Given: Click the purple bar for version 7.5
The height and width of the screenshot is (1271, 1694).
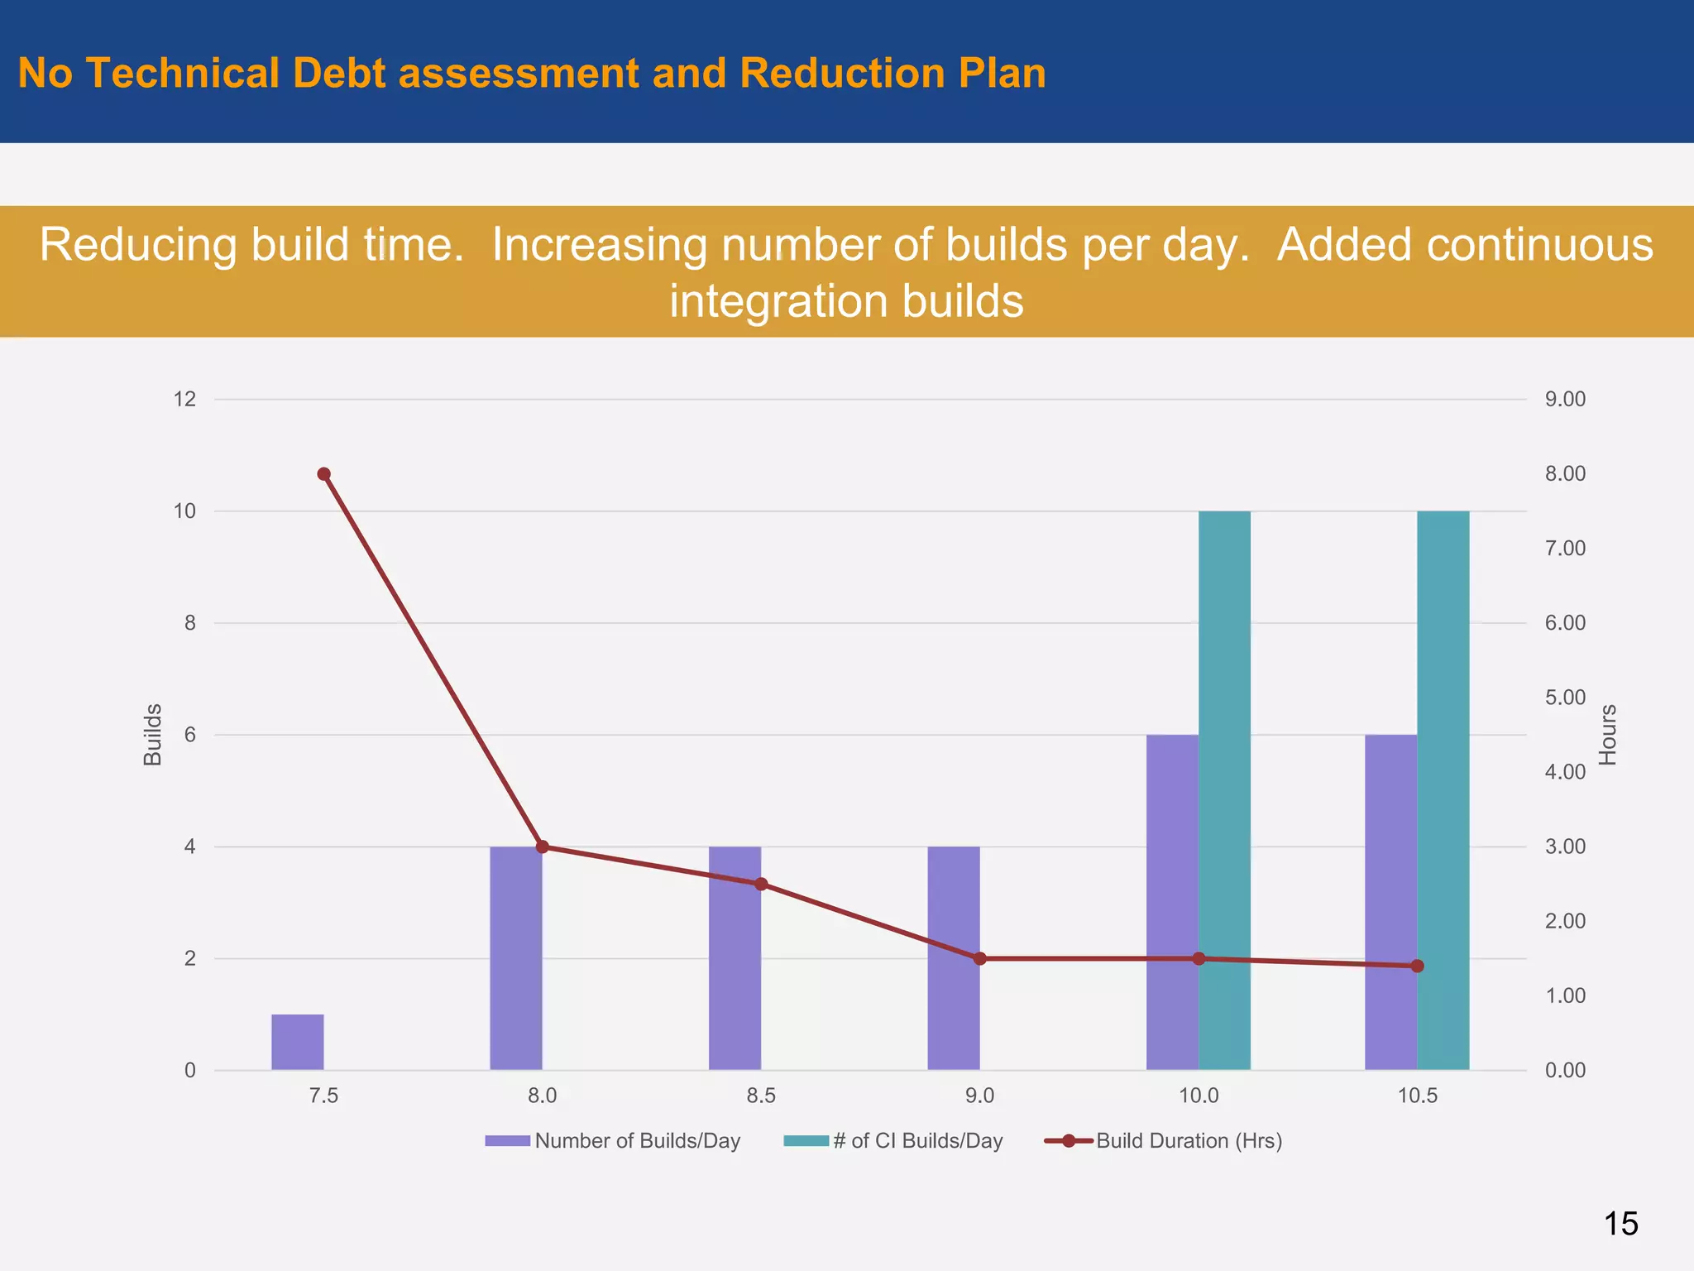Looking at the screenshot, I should coord(298,1042).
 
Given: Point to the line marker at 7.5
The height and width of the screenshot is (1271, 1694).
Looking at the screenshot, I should coord(324,474).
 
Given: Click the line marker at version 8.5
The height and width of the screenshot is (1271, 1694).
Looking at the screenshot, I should coord(761,884).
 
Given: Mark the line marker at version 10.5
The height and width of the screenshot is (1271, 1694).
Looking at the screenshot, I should coord(1417,966).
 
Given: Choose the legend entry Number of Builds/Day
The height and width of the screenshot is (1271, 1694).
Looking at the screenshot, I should coord(636,1141).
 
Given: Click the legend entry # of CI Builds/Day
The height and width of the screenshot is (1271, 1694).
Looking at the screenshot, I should coord(916,1141).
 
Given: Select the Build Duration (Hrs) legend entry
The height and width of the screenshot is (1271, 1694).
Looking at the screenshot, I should coord(1188,1141).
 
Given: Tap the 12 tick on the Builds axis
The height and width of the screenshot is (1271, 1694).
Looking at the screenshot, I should coord(184,400).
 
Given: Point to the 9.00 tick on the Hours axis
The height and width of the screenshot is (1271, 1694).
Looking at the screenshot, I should coord(1565,400).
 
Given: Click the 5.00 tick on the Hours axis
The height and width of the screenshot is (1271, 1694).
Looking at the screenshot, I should coord(1565,698).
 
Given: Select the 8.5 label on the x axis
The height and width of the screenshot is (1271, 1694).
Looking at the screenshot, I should coord(761,1096).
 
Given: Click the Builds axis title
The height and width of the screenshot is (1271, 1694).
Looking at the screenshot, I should coord(153,735).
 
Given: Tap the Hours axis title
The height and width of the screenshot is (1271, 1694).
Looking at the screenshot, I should coord(1607,735).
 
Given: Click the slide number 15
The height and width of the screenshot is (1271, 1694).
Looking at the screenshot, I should coord(1620,1224).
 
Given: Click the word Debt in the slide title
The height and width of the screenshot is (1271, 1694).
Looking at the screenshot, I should coord(339,73).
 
